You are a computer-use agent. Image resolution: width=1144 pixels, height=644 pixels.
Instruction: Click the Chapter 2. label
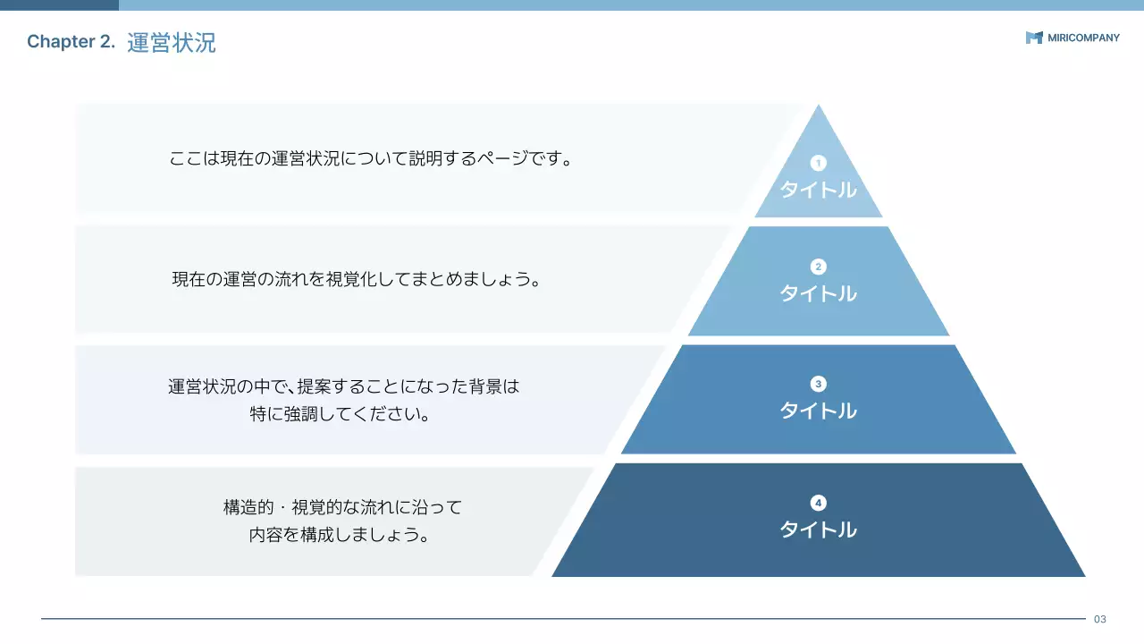(71, 42)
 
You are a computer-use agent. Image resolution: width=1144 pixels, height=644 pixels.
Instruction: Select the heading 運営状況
(172, 42)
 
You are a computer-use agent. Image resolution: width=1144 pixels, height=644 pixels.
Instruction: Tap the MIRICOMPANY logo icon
(1034, 38)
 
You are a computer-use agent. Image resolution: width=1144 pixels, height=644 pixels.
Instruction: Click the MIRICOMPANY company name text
(1083, 38)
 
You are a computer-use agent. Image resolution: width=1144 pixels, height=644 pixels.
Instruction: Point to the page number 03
(1100, 619)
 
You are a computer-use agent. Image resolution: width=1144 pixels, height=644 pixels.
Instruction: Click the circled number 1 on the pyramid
(818, 163)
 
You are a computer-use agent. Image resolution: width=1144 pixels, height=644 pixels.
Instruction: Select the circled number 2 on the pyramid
(818, 267)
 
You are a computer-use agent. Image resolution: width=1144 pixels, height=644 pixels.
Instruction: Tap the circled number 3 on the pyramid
(818, 384)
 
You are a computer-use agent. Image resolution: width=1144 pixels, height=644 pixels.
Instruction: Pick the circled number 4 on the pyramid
(818, 503)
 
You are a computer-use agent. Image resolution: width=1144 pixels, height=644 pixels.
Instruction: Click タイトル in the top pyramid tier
(818, 190)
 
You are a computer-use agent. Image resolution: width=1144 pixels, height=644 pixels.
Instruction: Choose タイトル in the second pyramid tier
(818, 293)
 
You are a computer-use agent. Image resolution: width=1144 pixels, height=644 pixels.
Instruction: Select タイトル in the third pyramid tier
(818, 411)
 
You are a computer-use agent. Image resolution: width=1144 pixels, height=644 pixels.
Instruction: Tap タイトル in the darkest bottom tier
(818, 530)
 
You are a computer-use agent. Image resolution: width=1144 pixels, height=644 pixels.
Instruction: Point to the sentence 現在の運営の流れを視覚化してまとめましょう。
(357, 279)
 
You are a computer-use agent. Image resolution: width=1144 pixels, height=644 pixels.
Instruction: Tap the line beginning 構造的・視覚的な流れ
(342, 508)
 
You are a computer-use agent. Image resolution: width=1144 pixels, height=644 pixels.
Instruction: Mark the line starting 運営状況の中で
(343, 387)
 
